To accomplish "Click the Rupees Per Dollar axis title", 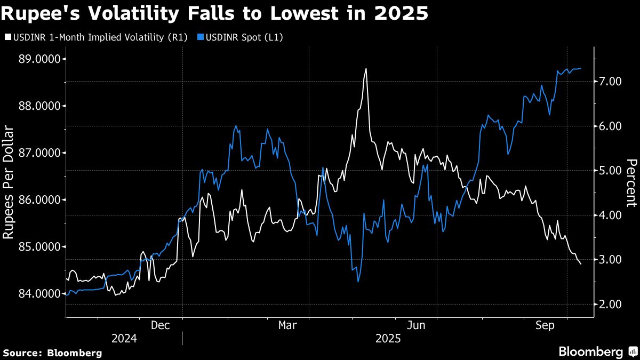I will click(9, 181).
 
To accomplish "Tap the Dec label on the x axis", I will click(161, 325).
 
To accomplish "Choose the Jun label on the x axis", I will click(416, 325).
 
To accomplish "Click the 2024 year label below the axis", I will click(124, 339).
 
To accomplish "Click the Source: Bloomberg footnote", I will click(52, 353).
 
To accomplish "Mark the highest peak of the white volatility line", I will click(366, 69).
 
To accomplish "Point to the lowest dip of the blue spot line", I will click(358, 281).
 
